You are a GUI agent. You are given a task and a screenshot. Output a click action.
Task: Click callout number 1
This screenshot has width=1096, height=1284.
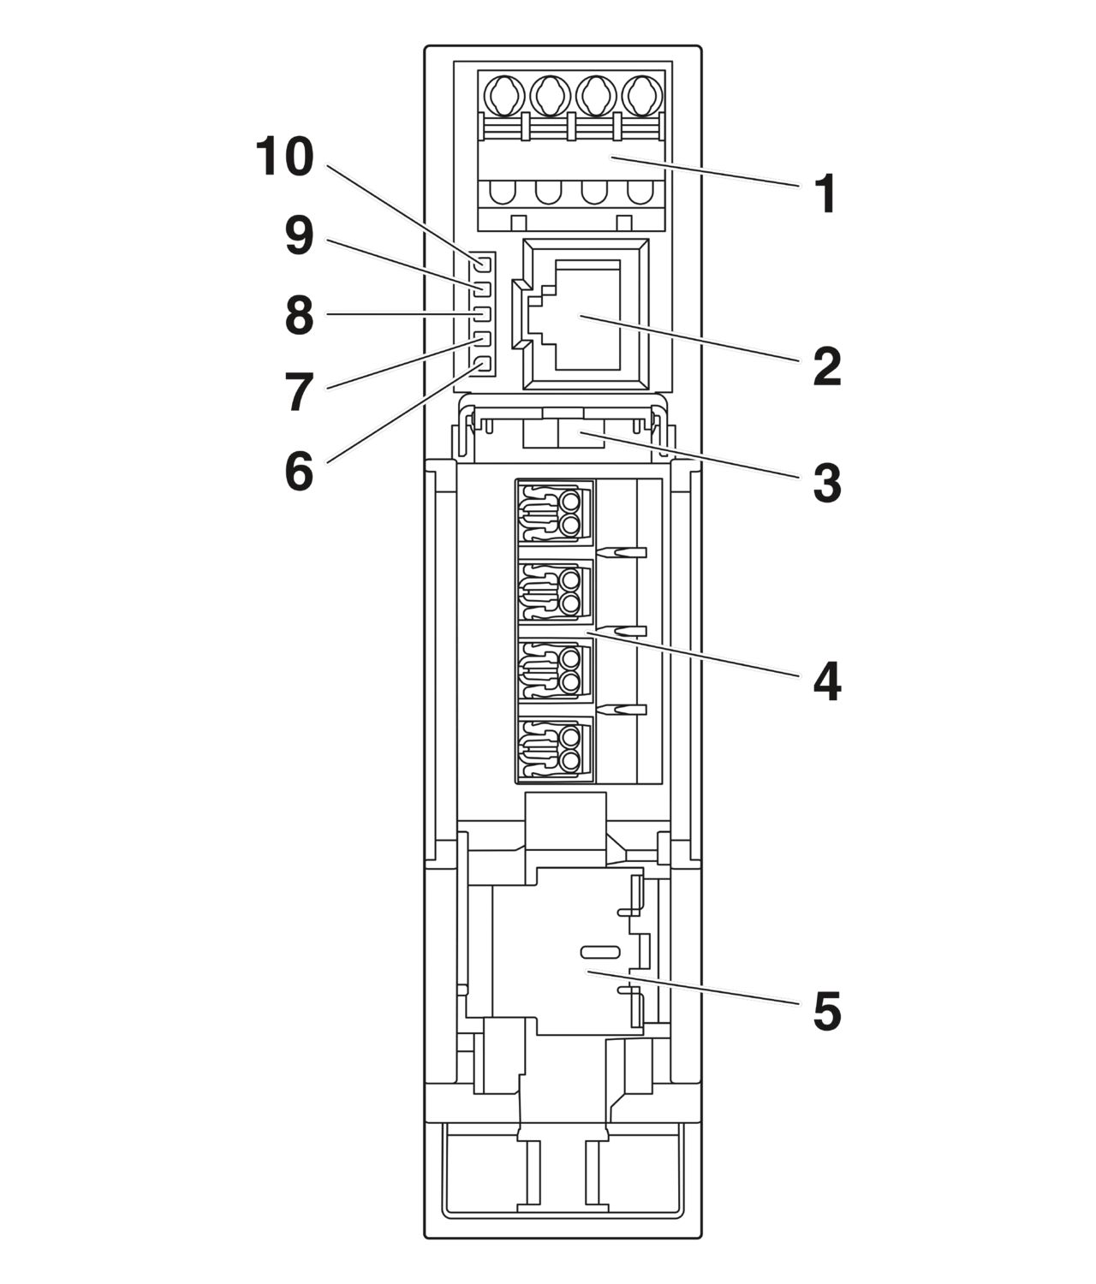pos(825,194)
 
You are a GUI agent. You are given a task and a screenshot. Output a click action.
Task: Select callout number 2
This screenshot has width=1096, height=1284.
pos(825,367)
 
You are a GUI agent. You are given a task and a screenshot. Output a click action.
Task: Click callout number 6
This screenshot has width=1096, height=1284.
pos(299,472)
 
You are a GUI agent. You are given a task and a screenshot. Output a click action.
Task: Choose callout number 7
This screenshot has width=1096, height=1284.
pos(299,393)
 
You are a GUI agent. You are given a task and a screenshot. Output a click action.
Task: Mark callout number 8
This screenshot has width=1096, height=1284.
pos(299,316)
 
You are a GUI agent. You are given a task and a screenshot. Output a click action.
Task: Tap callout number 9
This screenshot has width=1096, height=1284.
pos(299,236)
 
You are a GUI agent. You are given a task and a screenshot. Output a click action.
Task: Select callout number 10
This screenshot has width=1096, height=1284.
pos(285,158)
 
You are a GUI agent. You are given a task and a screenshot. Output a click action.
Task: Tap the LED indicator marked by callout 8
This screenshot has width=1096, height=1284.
pos(482,313)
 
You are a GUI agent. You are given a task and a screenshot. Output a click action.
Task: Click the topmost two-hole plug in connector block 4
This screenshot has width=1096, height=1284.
pos(556,512)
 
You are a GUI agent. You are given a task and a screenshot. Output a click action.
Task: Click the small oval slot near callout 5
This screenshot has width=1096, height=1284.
pos(601,952)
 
